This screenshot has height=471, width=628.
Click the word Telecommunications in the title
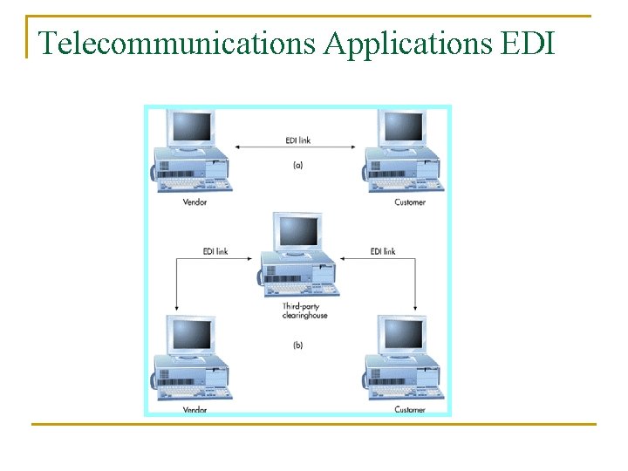[x=177, y=42]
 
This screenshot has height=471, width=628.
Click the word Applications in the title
[x=408, y=42]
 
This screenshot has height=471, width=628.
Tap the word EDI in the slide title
[x=529, y=42]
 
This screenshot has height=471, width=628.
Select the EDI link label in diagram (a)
[x=297, y=139]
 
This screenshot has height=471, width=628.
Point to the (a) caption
[x=297, y=164]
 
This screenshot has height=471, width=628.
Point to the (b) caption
[x=297, y=345]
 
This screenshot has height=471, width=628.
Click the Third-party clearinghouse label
[x=304, y=311]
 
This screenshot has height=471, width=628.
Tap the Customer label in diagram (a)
[x=410, y=202]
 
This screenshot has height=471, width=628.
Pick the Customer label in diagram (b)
[x=410, y=409]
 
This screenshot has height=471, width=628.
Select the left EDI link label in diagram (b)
[x=215, y=251]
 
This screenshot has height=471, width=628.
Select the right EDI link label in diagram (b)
[x=383, y=251]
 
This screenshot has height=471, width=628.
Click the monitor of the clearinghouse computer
[x=298, y=231]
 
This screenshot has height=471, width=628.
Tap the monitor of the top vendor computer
[x=192, y=128]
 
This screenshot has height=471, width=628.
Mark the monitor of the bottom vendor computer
[x=192, y=336]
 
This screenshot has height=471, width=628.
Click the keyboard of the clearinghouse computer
[x=291, y=289]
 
